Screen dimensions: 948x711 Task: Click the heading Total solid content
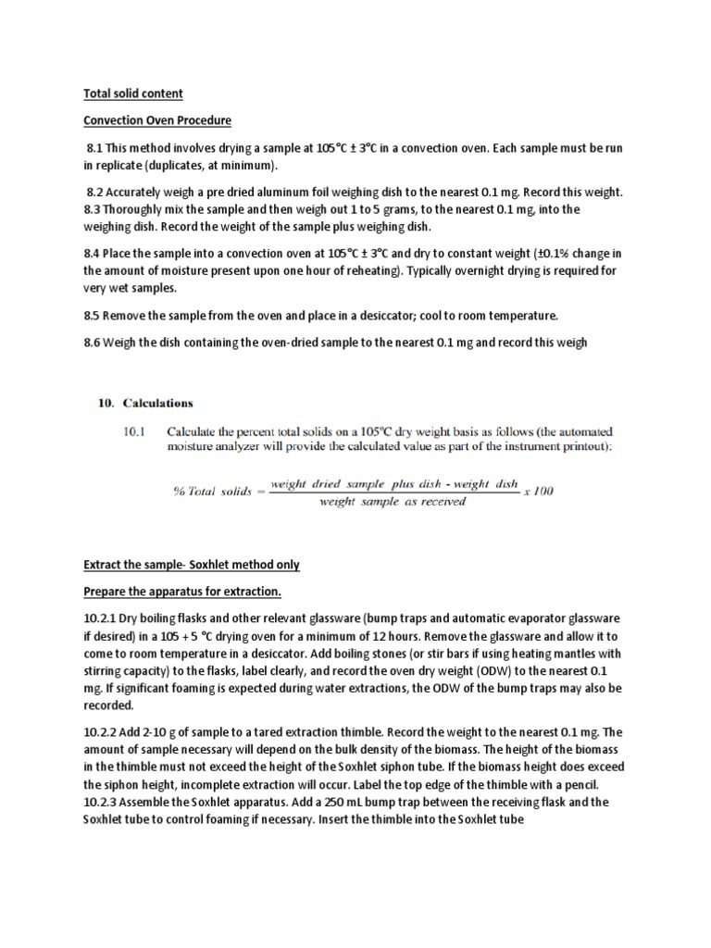click(x=133, y=94)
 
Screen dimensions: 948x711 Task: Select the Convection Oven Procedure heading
click(x=157, y=121)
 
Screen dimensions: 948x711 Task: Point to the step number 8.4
click(x=95, y=255)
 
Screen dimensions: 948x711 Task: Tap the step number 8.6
click(x=95, y=343)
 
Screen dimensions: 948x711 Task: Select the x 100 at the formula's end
click(x=538, y=491)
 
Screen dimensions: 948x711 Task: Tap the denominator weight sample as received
click(x=393, y=503)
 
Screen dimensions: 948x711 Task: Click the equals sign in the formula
click(x=262, y=492)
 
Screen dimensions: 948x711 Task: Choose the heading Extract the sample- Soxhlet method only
click(x=192, y=564)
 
